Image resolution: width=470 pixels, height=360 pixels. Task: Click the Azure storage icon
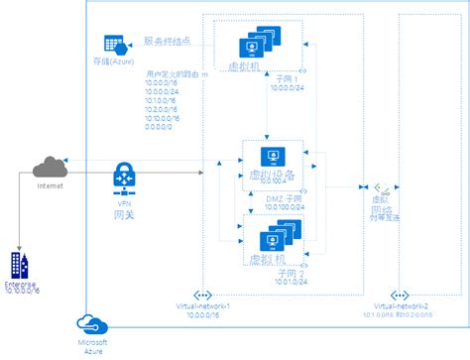coord(111,45)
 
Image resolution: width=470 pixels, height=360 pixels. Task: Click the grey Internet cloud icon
coord(50,167)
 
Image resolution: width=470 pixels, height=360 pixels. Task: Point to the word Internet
coord(50,185)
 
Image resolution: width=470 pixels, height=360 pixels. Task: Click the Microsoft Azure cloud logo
coord(91,323)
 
